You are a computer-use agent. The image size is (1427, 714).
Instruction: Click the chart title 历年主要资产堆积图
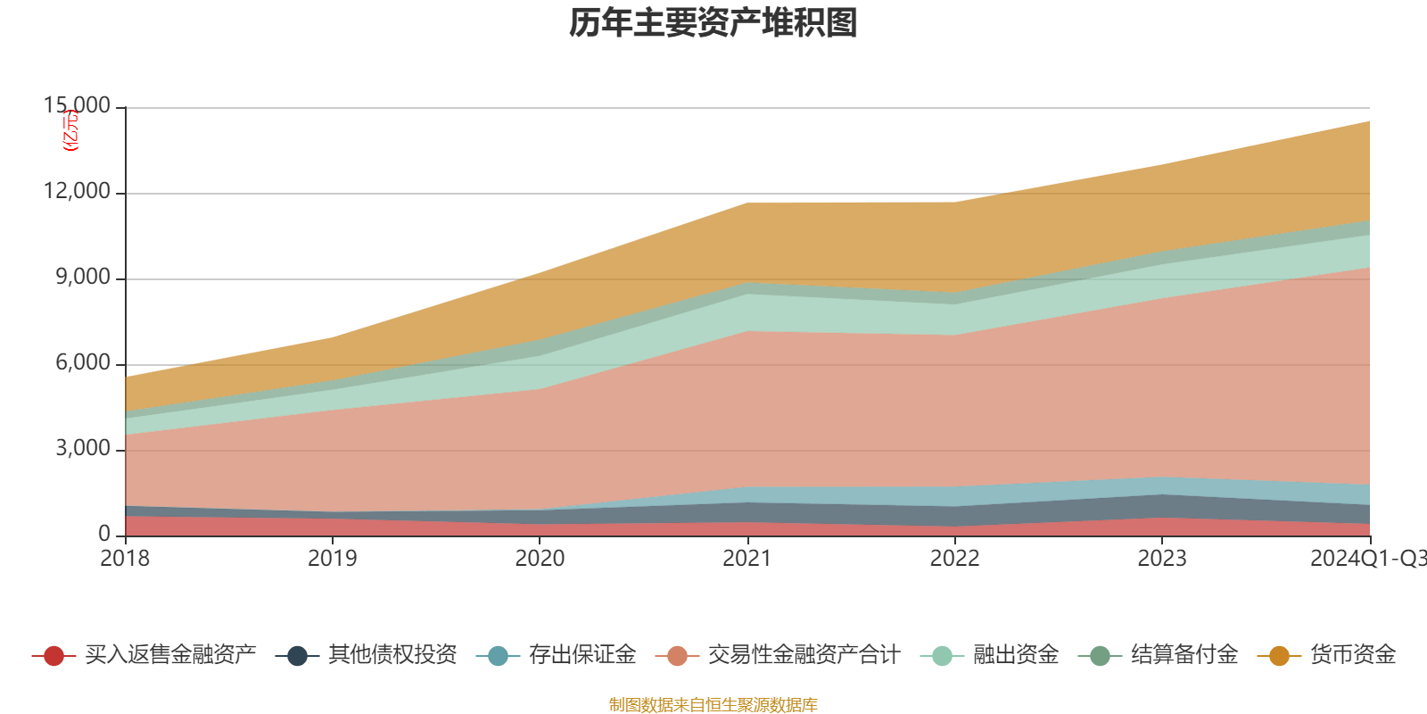(713, 23)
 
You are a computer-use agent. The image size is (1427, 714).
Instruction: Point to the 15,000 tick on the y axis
(78, 106)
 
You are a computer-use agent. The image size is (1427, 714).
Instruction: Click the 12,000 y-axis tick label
(78, 192)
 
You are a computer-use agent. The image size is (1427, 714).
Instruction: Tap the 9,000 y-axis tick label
(83, 278)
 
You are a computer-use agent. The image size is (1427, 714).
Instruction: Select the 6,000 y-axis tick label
(83, 363)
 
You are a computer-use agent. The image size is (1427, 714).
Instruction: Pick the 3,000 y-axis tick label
(83, 448)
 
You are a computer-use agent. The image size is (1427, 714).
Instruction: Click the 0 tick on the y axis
(104, 534)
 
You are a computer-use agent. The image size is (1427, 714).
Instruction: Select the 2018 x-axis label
(125, 559)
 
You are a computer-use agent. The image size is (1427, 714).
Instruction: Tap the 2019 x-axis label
(332, 559)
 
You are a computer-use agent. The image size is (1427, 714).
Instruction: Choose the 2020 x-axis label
(540, 559)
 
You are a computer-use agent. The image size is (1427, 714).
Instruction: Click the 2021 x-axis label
(746, 559)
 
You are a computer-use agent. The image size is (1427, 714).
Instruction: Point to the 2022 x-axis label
(954, 559)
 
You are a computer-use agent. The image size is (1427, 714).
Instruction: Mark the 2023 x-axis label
(1161, 559)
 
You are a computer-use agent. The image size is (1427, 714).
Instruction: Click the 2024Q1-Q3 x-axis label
(1367, 559)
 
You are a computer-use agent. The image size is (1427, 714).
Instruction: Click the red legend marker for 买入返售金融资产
(54, 656)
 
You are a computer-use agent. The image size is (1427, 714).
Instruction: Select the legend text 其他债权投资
(392, 655)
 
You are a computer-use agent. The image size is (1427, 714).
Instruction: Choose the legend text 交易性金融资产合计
(803, 655)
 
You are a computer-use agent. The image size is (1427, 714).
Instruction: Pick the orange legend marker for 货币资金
(1279, 656)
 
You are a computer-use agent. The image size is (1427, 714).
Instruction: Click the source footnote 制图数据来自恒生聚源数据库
(713, 705)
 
